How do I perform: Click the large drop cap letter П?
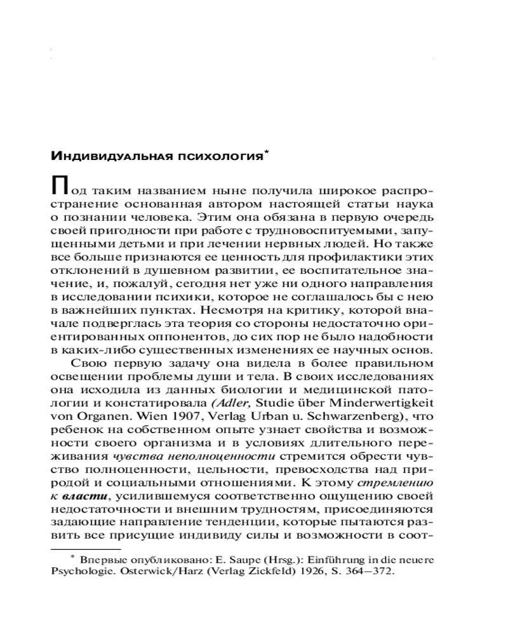(x=59, y=187)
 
